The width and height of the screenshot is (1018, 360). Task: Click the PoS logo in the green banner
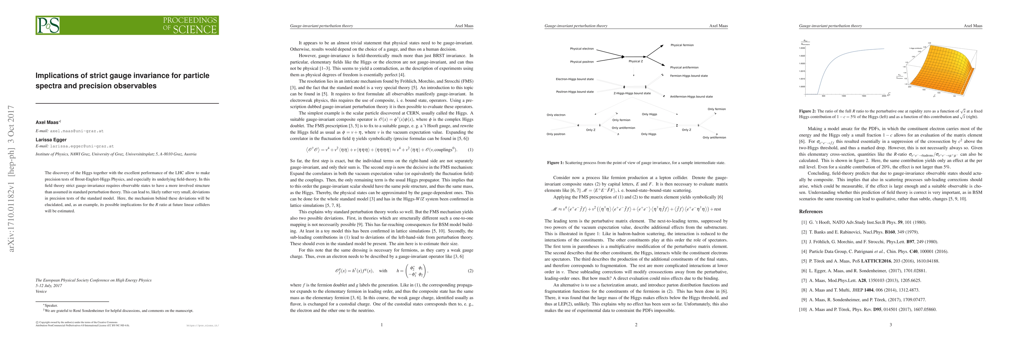click(48, 25)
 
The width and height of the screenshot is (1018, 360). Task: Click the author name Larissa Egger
click(51, 139)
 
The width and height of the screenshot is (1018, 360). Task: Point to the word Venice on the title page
click(41, 291)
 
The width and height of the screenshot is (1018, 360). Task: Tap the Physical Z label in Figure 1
click(635, 61)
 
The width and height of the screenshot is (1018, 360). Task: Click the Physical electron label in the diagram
click(582, 49)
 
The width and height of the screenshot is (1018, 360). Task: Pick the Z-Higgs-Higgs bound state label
click(632, 93)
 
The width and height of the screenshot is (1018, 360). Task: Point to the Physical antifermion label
click(684, 67)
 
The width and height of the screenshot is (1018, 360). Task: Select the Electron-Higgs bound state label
click(575, 79)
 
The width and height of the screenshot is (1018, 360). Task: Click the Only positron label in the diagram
click(556, 134)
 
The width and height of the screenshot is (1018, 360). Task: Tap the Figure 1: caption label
click(555, 162)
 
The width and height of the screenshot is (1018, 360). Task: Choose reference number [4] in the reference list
click(804, 251)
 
